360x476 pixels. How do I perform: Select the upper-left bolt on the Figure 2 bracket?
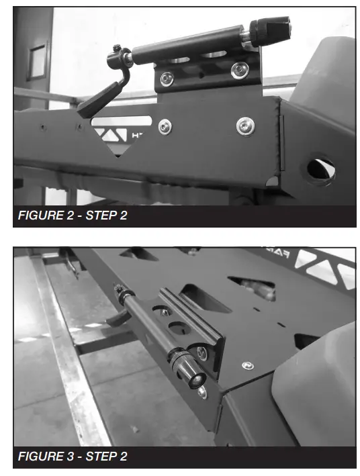166,79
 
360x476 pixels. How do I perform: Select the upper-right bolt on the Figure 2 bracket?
237,69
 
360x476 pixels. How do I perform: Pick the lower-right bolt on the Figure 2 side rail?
245,125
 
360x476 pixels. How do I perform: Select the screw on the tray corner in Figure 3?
249,365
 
